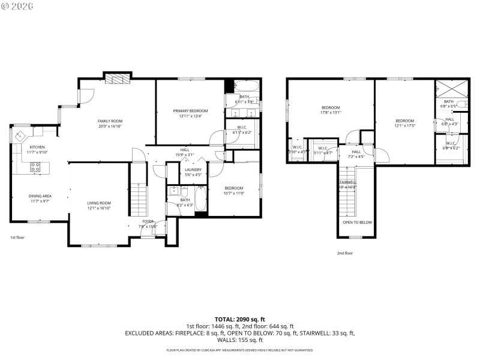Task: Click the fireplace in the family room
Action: [116, 79]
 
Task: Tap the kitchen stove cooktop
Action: [36, 167]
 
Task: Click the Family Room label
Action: [110, 121]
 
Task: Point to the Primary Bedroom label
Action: [190, 111]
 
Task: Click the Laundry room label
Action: [193, 170]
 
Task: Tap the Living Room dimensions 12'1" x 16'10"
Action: [99, 208]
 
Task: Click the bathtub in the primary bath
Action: [246, 85]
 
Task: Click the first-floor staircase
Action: [139, 195]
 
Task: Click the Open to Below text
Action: [357, 222]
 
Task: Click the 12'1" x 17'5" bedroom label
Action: [405, 121]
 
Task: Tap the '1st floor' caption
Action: [17, 238]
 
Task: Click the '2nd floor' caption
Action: [344, 253]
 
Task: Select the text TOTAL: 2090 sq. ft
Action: [240, 319]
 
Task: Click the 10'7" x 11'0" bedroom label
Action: [233, 188]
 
